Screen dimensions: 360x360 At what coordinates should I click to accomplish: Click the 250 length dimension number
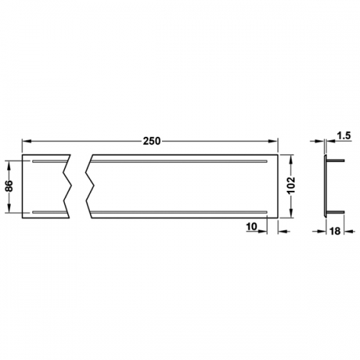pos(151,141)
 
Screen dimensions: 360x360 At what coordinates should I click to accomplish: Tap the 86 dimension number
pos(9,186)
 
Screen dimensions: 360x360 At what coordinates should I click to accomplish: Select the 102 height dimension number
pos(291,186)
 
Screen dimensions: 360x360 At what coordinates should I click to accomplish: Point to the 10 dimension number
pos(251,226)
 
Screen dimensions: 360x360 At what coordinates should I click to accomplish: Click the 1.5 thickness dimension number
pos(343,136)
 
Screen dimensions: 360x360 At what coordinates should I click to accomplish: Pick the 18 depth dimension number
pos(335,231)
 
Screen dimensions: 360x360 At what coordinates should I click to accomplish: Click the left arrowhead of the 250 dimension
pos(27,141)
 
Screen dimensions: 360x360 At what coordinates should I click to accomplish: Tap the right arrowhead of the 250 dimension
pos(273,141)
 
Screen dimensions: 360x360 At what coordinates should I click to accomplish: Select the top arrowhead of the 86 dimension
pos(9,166)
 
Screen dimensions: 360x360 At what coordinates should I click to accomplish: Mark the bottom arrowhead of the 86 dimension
pos(9,208)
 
